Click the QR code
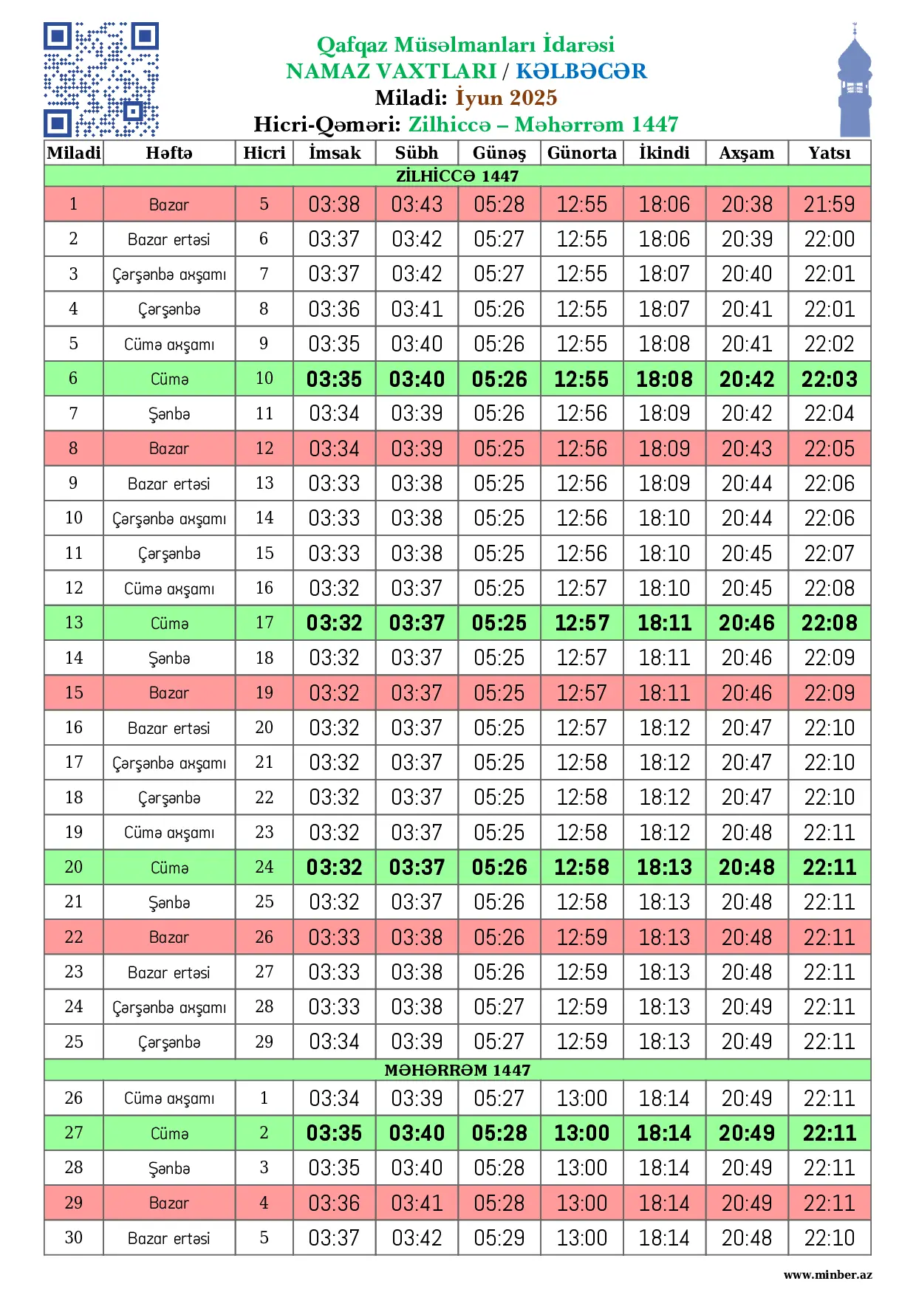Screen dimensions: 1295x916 click(101, 80)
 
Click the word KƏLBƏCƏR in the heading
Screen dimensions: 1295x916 click(581, 71)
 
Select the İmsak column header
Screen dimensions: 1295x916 click(335, 153)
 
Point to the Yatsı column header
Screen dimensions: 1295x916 click(829, 153)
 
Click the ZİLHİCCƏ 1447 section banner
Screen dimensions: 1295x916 click(457, 176)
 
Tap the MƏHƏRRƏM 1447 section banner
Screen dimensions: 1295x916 click(457, 1070)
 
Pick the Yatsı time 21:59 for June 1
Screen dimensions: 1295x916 click(829, 204)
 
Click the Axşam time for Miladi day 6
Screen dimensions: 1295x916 click(746, 379)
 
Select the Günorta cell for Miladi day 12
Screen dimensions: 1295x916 click(581, 588)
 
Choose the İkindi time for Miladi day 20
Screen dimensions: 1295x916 click(664, 867)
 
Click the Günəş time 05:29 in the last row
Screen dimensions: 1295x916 click(499, 1237)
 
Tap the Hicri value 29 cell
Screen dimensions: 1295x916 click(264, 1042)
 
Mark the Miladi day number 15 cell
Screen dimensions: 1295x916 click(73, 693)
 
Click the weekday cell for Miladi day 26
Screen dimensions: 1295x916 click(169, 1098)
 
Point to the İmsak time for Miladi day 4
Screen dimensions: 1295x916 click(335, 309)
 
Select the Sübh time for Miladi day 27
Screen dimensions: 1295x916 click(417, 1133)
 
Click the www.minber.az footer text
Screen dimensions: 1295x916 click(827, 1275)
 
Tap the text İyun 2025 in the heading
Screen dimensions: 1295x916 click(506, 97)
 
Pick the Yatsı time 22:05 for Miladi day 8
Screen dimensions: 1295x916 click(829, 448)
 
